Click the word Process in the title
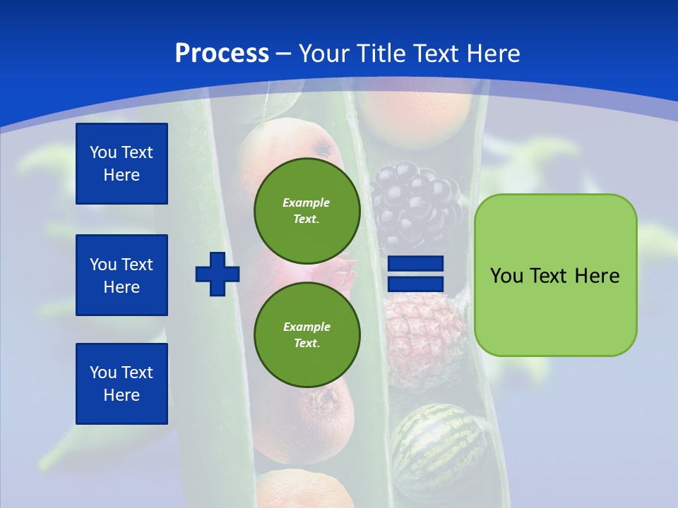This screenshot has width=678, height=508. tap(222, 54)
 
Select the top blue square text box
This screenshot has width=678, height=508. tap(121, 164)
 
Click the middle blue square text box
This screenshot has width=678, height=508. tap(121, 275)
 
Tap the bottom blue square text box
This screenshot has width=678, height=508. tap(121, 383)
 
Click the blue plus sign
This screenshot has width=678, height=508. tap(218, 274)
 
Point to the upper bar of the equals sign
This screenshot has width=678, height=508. tap(416, 264)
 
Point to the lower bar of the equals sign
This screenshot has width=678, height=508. tap(416, 284)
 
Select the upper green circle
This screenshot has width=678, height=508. tap(307, 210)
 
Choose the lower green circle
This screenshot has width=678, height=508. tap(307, 334)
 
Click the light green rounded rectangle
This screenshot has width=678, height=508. tap(555, 310)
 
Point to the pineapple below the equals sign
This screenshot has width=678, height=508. tap(424, 339)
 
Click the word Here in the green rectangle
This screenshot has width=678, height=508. tap(597, 276)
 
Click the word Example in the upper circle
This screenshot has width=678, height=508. tap(307, 202)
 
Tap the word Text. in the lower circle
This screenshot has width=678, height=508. tap(307, 343)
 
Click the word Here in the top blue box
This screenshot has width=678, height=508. tap(121, 175)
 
